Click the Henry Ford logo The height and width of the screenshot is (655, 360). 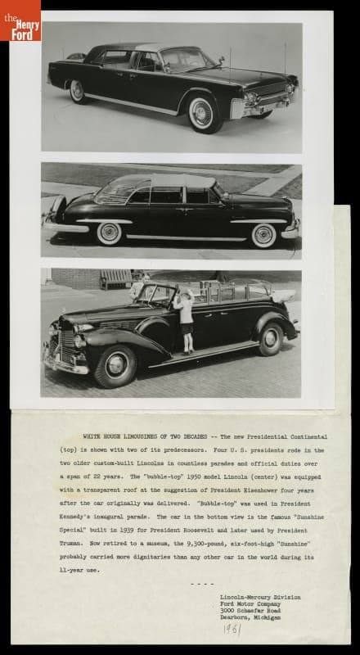(20, 19)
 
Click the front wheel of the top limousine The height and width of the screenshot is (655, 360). (201, 113)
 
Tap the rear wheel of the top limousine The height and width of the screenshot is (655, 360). (79, 91)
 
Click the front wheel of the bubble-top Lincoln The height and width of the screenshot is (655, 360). (263, 234)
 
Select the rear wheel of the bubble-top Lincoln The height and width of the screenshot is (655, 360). (110, 233)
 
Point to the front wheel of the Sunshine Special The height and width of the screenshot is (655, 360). (114, 366)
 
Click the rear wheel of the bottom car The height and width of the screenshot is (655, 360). (270, 338)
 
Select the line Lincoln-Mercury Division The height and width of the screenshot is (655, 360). (259, 597)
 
